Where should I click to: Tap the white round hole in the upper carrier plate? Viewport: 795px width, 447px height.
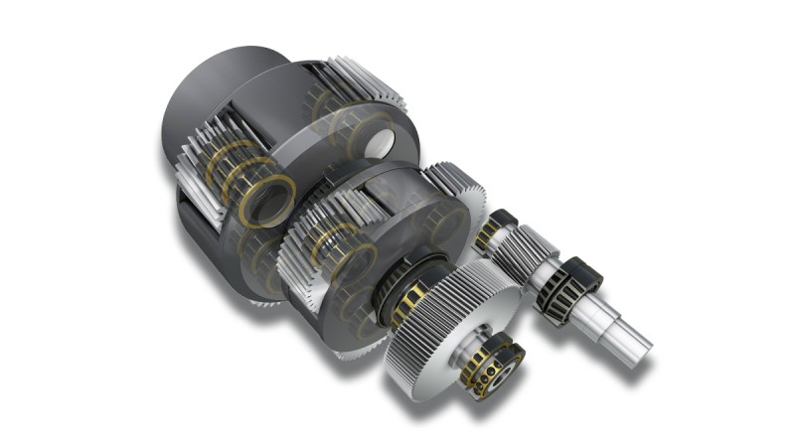(380, 145)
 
